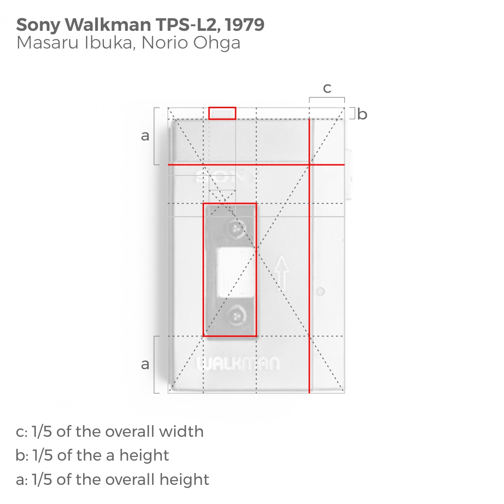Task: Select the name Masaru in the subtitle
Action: click(x=42, y=43)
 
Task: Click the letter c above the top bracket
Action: click(x=327, y=88)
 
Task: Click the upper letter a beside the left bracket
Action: click(x=145, y=135)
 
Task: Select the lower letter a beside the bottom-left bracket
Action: click(x=145, y=364)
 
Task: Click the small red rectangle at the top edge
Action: click(x=222, y=113)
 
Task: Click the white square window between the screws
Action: click(x=236, y=272)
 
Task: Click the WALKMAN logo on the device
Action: click(x=238, y=364)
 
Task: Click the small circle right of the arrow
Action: click(x=320, y=292)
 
